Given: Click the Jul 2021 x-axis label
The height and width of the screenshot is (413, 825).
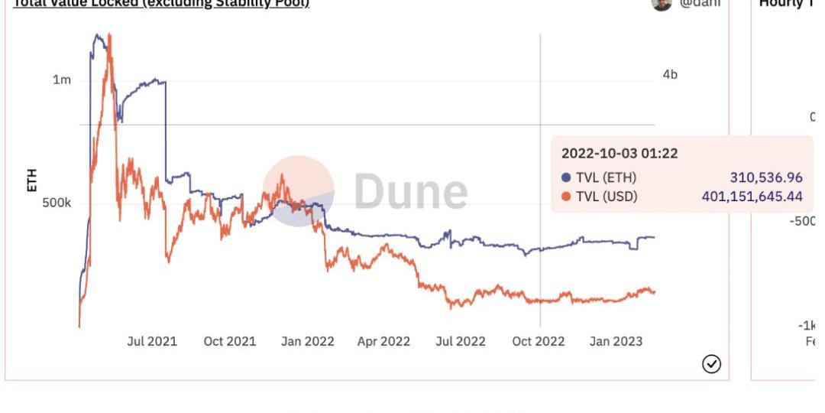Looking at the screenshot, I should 152,341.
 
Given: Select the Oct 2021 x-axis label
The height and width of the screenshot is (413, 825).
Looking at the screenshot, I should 229,341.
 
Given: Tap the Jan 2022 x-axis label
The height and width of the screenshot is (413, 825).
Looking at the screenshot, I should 307,341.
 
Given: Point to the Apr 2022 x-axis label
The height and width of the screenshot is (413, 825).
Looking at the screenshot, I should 383,341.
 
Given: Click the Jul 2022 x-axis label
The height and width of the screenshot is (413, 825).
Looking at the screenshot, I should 460,341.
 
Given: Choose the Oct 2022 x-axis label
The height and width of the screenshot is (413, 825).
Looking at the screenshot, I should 539,341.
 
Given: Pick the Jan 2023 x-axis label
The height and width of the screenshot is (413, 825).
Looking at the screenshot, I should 616,341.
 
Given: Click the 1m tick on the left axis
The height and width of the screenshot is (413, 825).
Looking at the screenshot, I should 62,80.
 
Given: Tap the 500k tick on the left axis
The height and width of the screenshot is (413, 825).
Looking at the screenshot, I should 57,203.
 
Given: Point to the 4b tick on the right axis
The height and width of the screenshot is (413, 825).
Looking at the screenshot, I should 670,75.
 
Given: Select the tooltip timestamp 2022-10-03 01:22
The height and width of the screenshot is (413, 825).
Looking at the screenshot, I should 620,153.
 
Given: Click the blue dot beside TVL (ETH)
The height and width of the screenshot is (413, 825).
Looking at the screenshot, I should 566,178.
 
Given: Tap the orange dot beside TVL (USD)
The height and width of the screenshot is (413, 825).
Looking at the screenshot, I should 566,197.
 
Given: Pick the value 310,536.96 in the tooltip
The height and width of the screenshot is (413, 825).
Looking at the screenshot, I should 766,178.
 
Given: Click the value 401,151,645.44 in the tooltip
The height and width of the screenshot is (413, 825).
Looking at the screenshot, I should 752,197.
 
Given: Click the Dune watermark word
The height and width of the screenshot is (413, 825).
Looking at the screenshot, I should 410,192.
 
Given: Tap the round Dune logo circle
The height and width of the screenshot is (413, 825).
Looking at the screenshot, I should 299,191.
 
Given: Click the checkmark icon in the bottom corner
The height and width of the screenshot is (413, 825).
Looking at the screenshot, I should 711,364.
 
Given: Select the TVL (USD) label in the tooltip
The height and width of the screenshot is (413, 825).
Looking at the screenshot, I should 607,197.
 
